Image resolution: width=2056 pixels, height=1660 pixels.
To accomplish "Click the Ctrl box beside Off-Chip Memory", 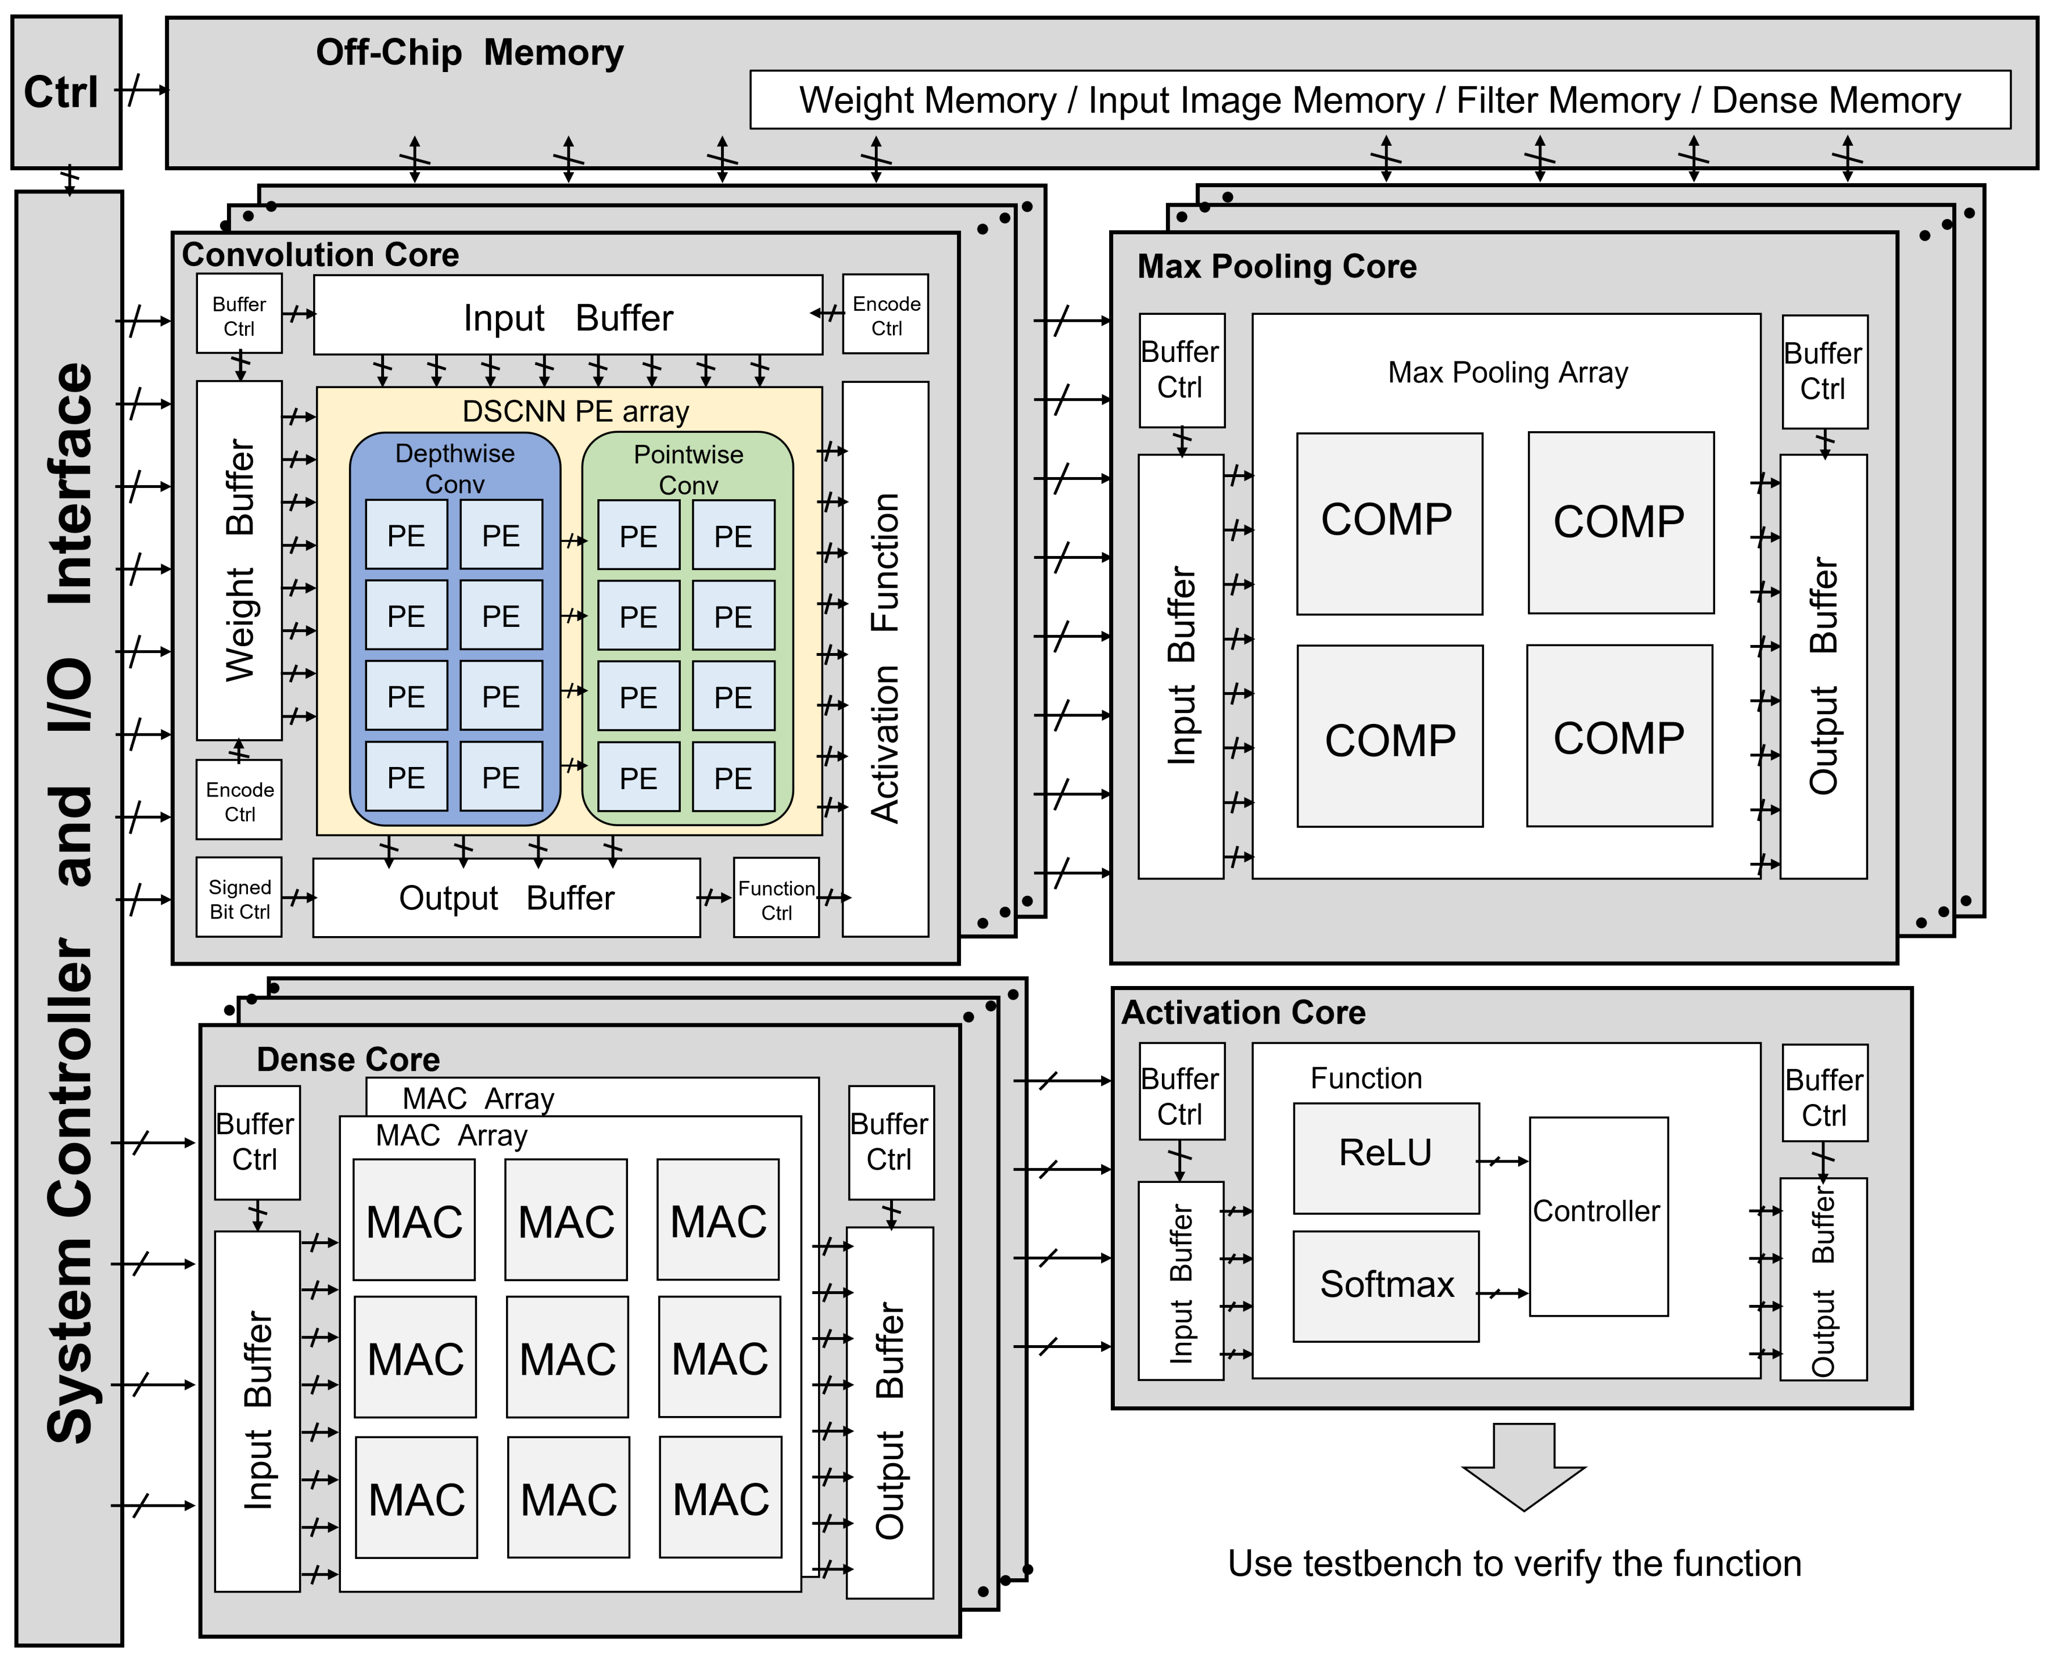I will (x=66, y=92).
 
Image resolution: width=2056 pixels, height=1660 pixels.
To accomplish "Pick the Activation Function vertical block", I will (x=884, y=659).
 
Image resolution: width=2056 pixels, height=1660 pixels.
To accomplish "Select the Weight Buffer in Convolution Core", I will (x=239, y=561).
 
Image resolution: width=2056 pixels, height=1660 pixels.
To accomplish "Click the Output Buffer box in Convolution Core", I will (x=506, y=898).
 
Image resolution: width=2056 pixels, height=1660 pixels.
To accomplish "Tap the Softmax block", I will (x=1385, y=1285).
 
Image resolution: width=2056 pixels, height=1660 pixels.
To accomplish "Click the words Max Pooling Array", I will (x=1507, y=373).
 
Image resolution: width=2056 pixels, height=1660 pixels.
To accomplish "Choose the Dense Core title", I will (x=348, y=1060).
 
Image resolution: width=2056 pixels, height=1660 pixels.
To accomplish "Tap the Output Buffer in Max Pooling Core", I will (x=1823, y=667).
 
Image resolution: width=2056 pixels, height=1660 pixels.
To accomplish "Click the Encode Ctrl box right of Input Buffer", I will (x=886, y=315).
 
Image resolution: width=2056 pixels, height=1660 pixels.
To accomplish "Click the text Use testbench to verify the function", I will (x=1514, y=1564).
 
